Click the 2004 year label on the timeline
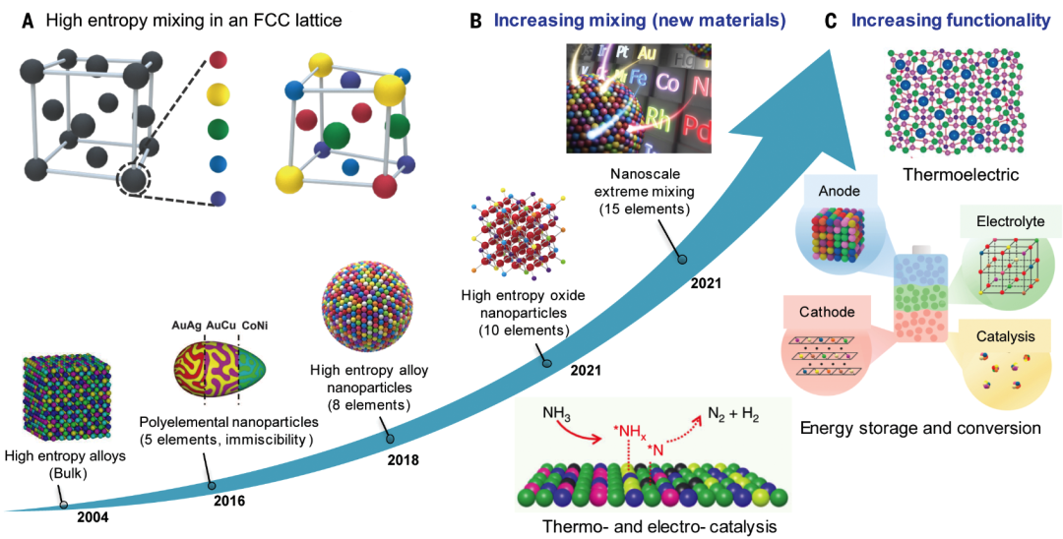(93, 517)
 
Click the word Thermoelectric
(958, 175)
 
